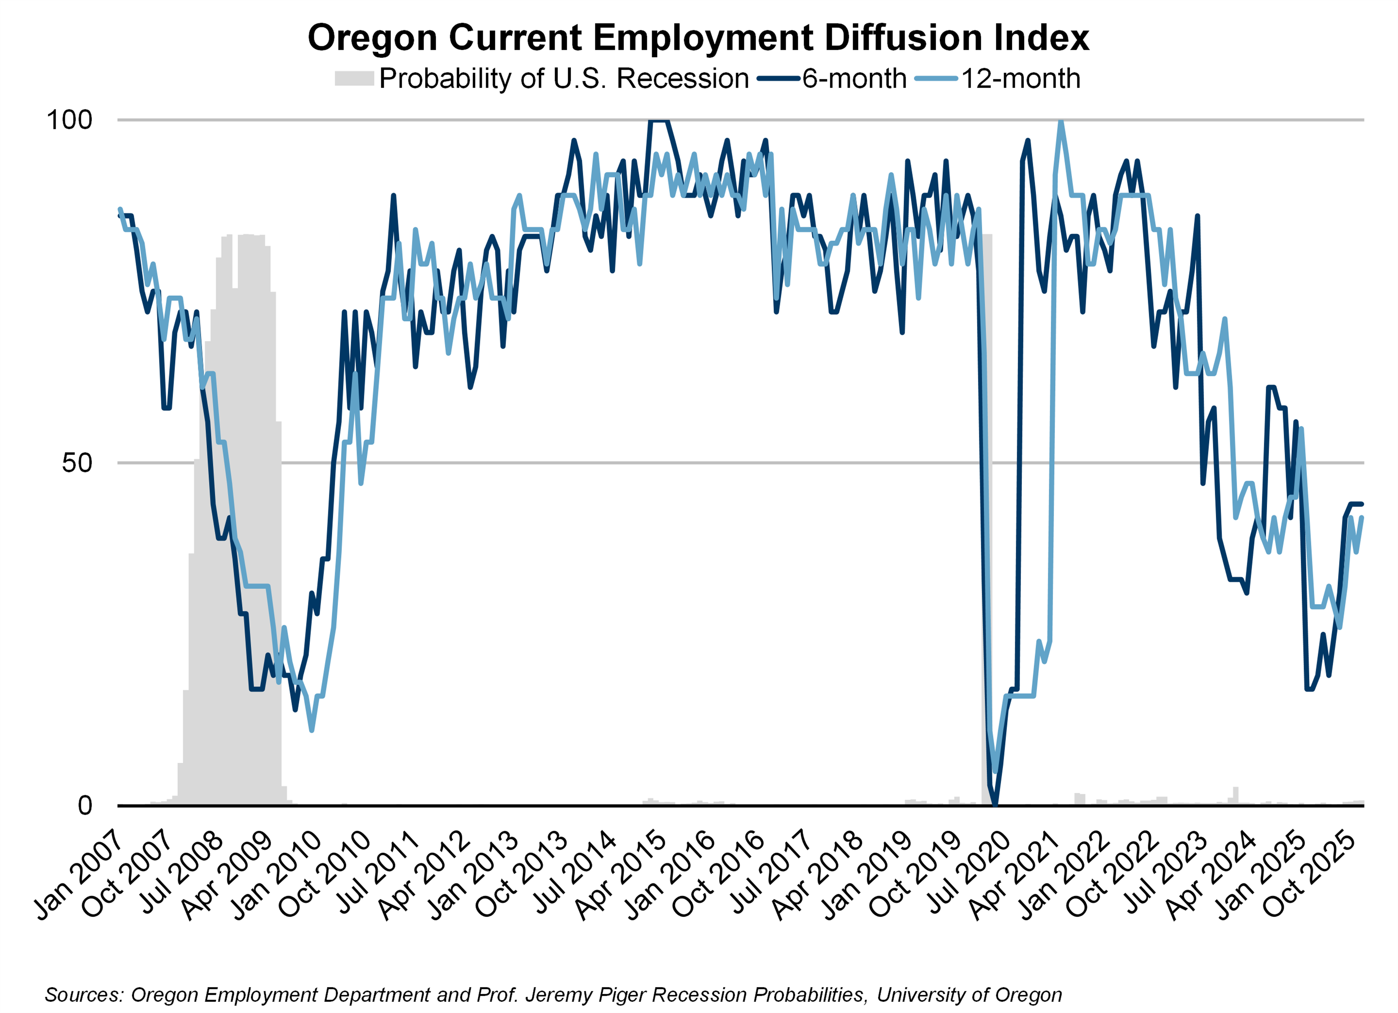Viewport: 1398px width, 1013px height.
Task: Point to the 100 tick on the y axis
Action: (69, 119)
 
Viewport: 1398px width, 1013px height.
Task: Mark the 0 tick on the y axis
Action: (85, 805)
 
